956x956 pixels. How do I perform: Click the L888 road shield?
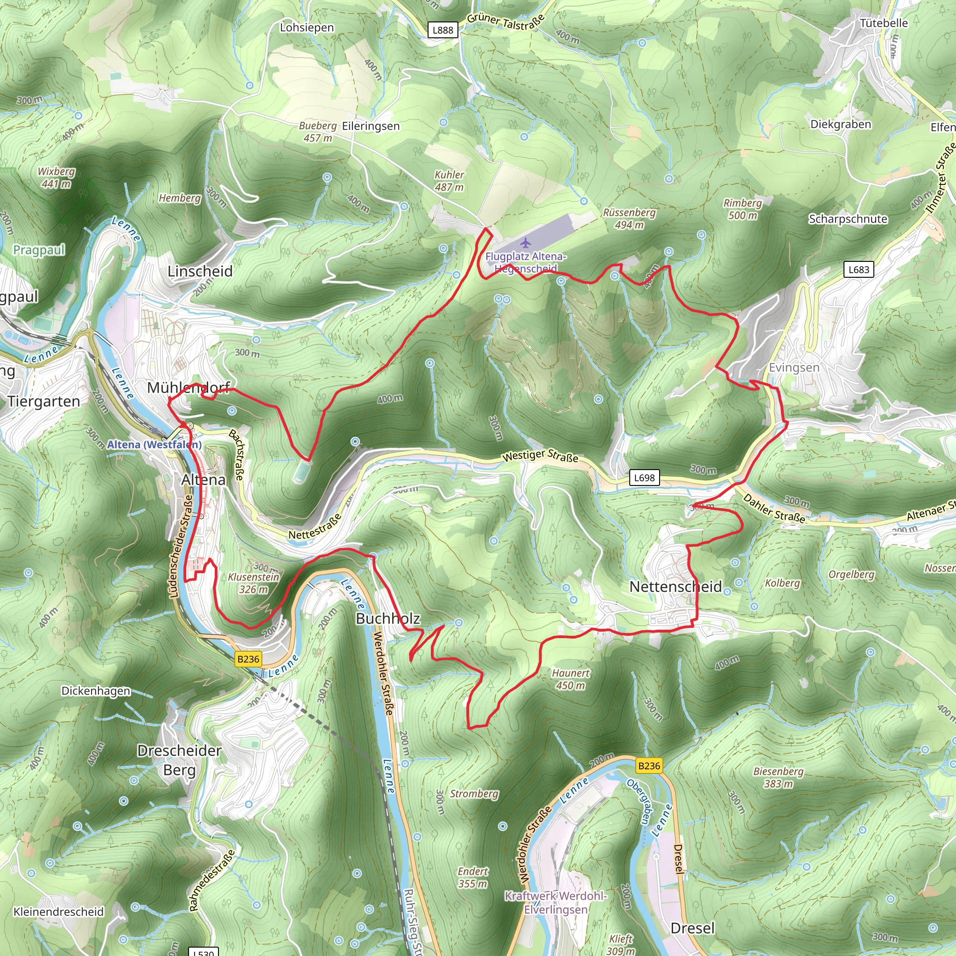tap(443, 30)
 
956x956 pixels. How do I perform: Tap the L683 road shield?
tap(858, 269)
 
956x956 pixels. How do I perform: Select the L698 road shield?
tap(644, 478)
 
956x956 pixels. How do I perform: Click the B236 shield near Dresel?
tap(649, 766)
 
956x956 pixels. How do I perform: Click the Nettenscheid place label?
tap(675, 587)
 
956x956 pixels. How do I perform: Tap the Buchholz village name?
tap(388, 619)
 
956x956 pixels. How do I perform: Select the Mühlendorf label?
tap(189, 387)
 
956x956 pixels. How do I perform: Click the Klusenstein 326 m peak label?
tap(253, 583)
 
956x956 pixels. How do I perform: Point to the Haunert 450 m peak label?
tap(570, 679)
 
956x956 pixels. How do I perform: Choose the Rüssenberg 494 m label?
tap(629, 218)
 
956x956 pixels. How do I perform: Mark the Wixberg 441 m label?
tap(56, 177)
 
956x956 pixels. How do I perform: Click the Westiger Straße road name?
tap(540, 455)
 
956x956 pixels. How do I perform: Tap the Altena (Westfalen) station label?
tap(155, 444)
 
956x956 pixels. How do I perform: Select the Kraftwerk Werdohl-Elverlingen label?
tap(555, 903)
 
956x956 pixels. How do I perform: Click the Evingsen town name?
tap(794, 368)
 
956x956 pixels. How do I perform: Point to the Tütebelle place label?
tap(884, 23)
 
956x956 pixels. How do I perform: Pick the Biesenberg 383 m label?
tap(778, 777)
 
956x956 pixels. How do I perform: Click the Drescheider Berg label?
tap(179, 760)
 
